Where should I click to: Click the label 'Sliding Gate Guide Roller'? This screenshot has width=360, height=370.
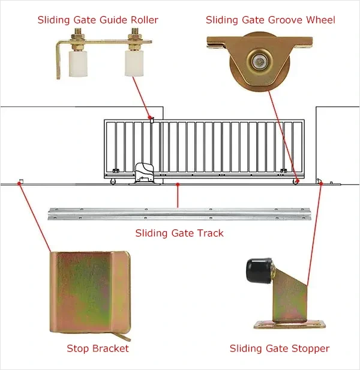pyautogui.click(x=98, y=20)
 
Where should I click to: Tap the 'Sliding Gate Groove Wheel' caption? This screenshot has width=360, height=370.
pyautogui.click(x=270, y=20)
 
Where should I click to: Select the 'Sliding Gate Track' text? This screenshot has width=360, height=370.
pyautogui.click(x=179, y=233)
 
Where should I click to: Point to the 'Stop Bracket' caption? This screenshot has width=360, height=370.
pyautogui.click(x=97, y=348)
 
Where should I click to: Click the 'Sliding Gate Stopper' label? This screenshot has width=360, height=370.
pyautogui.click(x=280, y=348)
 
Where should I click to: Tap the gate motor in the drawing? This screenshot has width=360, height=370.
pyautogui.click(x=145, y=173)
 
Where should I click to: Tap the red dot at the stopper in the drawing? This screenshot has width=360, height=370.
pyautogui.click(x=320, y=182)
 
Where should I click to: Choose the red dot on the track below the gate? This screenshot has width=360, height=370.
pyautogui.click(x=178, y=186)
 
